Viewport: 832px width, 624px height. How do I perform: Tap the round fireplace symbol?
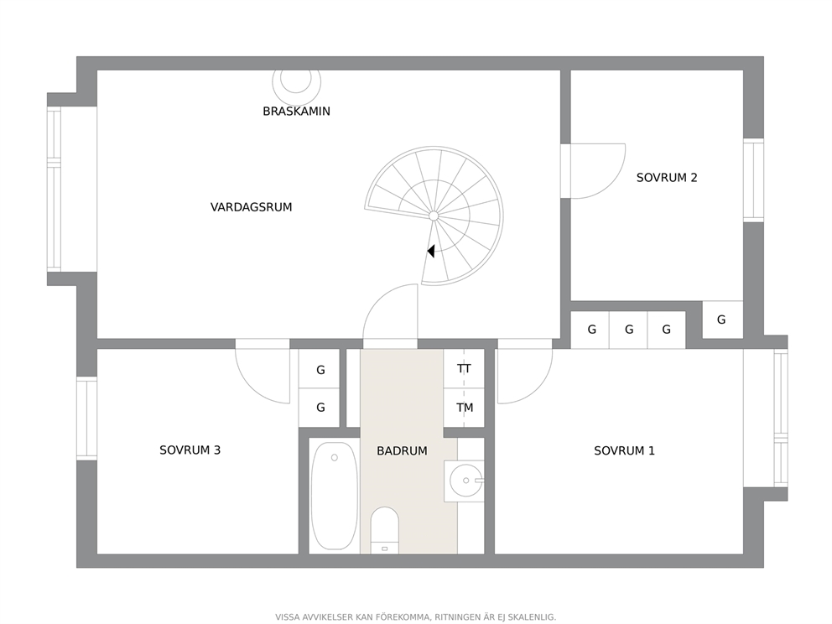(x=297, y=81)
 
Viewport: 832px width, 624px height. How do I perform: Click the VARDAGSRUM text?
(x=251, y=207)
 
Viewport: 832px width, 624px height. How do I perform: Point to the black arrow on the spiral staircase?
(x=431, y=251)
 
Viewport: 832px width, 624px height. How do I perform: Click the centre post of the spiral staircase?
(x=434, y=216)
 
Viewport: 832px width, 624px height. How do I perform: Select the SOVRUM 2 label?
(x=667, y=178)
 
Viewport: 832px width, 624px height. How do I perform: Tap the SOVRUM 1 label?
(x=625, y=451)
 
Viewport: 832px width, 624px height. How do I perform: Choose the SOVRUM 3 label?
(x=190, y=450)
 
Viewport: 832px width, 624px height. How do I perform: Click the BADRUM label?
(x=403, y=451)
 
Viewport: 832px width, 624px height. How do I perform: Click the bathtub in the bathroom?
(x=335, y=497)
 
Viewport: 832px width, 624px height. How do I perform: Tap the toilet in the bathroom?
(x=385, y=530)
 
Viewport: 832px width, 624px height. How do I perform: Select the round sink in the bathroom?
(x=465, y=481)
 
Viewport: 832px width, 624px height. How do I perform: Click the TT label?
(x=465, y=369)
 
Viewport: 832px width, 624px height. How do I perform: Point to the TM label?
(x=465, y=408)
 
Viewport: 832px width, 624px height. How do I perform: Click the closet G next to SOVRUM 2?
(x=721, y=320)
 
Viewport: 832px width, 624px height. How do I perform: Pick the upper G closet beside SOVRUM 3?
(x=320, y=370)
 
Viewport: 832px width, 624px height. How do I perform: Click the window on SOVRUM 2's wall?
(x=753, y=180)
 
